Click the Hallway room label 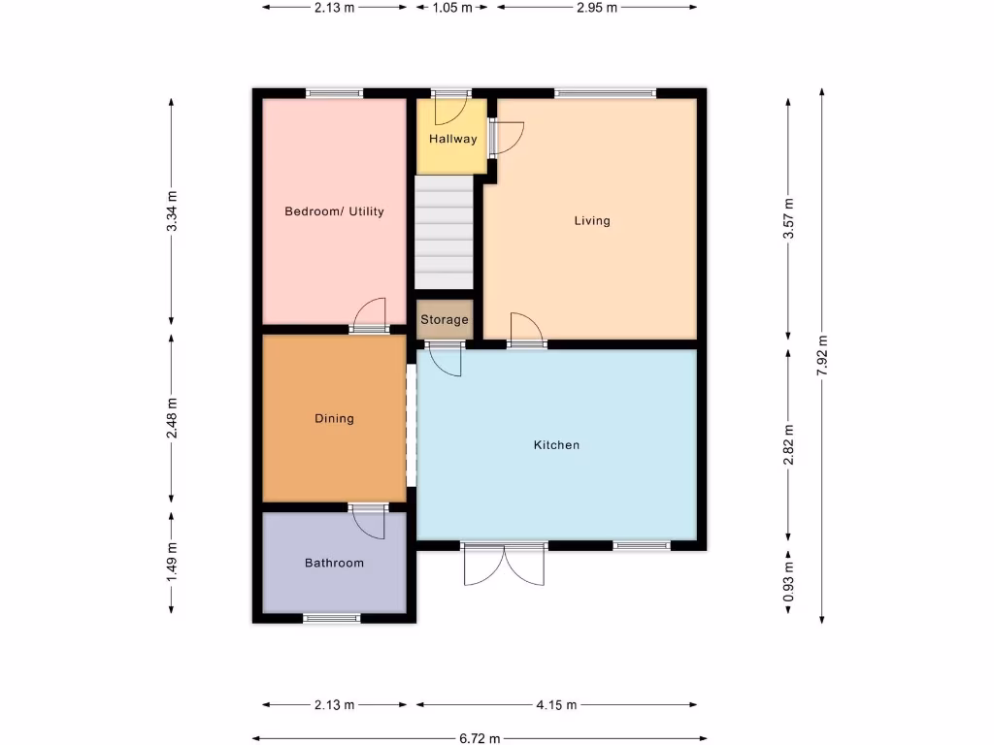coord(453,139)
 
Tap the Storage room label coord(445,319)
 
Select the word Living coord(592,220)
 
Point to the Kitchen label coord(556,445)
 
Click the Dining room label coord(334,419)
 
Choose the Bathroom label coord(334,563)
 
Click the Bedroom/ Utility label coord(334,211)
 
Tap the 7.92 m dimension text coord(822,355)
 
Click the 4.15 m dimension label coord(556,705)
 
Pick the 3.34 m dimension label coord(172,211)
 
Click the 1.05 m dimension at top coord(451,7)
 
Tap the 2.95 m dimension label coord(596,7)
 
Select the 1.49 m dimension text coord(172,563)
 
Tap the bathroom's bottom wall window coord(331,618)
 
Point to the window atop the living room coord(606,93)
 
